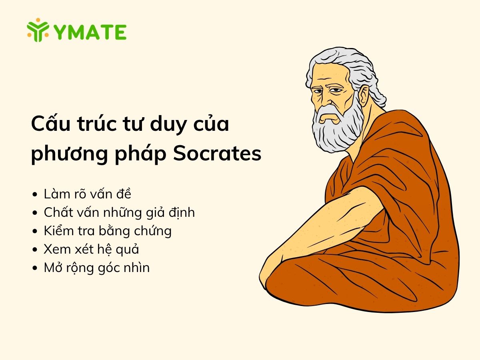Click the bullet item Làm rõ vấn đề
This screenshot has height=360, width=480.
tap(88, 194)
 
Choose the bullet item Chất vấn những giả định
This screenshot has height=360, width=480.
tap(119, 212)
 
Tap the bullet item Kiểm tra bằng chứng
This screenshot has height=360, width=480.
tap(108, 231)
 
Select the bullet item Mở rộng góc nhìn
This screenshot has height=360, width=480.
tap(96, 268)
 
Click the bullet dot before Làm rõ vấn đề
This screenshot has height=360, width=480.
tap(35, 195)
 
